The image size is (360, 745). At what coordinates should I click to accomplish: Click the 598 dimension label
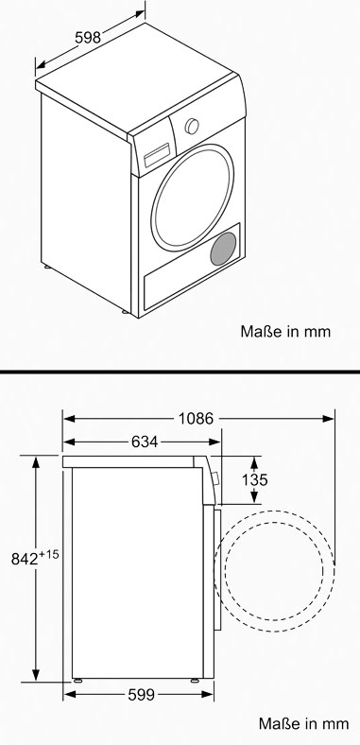88,38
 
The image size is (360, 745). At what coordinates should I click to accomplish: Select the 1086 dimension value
196,418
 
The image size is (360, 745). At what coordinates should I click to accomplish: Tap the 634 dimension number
145,442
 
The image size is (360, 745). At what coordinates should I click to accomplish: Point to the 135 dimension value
255,480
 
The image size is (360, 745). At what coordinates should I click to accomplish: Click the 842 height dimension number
25,560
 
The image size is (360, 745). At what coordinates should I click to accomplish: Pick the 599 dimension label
142,695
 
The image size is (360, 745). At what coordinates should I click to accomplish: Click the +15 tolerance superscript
49,554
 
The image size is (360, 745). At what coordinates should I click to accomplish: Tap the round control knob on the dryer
192,126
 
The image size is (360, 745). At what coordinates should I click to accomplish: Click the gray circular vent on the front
223,249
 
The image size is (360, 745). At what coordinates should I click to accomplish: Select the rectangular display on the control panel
157,155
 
